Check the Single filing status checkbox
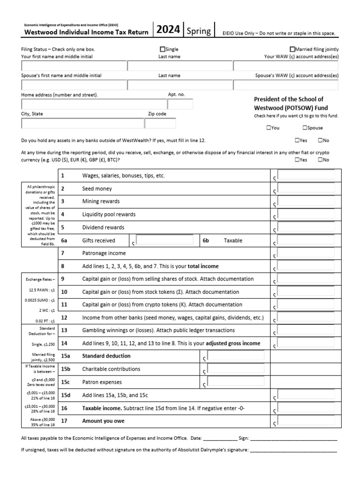click(x=163, y=49)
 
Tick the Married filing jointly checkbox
click(x=292, y=49)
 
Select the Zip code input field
click(x=160, y=123)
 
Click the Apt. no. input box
click(x=180, y=104)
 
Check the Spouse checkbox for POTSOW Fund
click(x=305, y=127)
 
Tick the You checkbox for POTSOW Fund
click(x=268, y=127)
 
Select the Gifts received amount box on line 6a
click(x=164, y=240)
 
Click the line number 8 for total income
click(x=63, y=266)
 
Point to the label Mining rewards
click(x=101, y=201)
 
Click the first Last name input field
click(x=180, y=66)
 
